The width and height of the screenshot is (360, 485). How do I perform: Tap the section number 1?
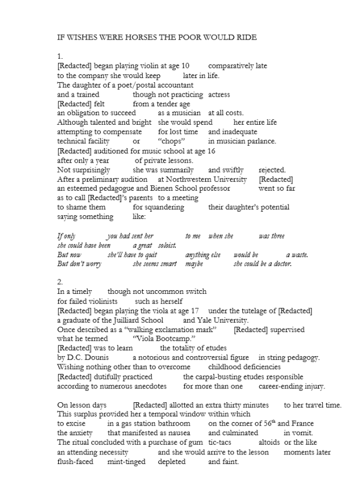point(60,56)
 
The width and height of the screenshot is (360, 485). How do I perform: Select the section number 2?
point(60,281)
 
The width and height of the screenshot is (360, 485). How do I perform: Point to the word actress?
point(219,94)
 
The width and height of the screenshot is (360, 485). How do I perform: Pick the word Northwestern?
point(217,179)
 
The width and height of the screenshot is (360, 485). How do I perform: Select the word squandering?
point(159,207)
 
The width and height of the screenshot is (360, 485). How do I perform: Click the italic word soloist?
point(168,245)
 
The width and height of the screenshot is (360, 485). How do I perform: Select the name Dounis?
point(97,358)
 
